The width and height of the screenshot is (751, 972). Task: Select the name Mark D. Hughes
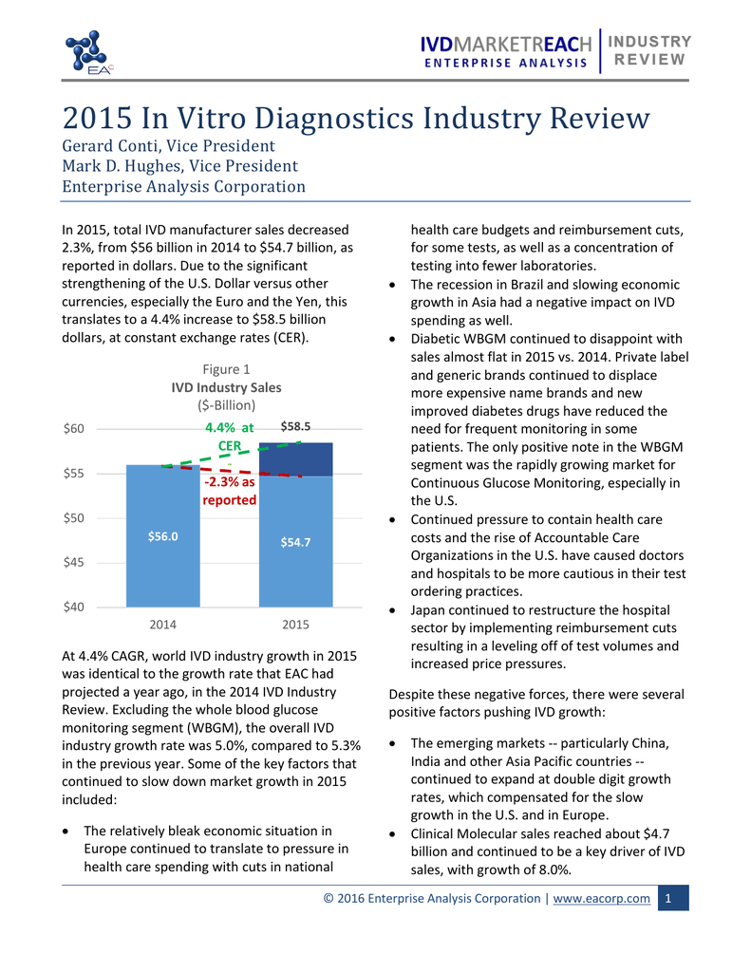(x=122, y=166)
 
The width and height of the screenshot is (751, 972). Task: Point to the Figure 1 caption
(x=227, y=369)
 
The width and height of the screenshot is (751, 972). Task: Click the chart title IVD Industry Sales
(x=226, y=387)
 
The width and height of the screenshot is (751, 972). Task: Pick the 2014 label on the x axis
(x=163, y=626)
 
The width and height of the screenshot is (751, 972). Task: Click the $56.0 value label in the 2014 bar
(x=163, y=536)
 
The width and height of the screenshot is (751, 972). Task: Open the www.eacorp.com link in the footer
(x=601, y=898)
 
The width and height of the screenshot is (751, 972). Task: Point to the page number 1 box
(x=671, y=898)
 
